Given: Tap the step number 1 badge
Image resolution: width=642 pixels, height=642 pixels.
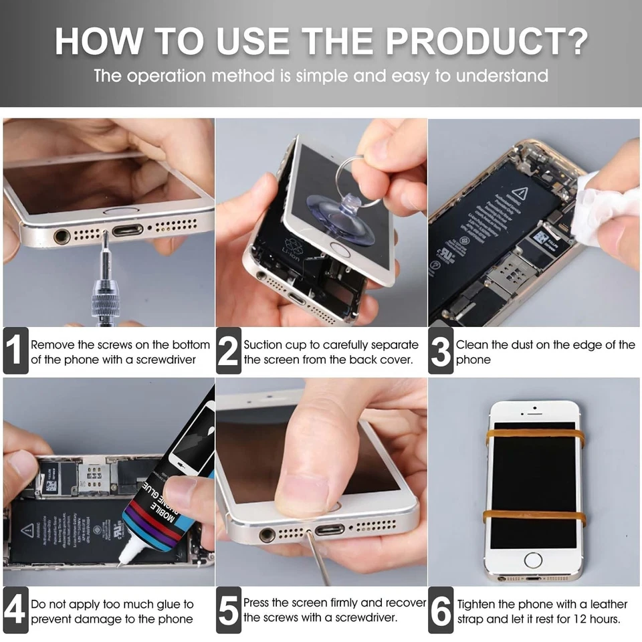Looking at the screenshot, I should (15, 350).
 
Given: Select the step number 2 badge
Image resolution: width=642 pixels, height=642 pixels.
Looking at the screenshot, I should (228, 350).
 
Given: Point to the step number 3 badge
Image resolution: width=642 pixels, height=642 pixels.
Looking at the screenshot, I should (441, 350).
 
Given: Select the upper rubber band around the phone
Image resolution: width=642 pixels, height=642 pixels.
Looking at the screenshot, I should (534, 435).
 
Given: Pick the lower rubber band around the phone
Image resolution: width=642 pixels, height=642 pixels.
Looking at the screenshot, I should (534, 516).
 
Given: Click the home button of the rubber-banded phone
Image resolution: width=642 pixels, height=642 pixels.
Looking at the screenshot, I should (534, 560).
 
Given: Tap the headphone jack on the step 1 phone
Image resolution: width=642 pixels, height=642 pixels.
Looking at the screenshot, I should (62, 235).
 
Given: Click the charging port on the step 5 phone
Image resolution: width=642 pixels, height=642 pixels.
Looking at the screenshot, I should (329, 530).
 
